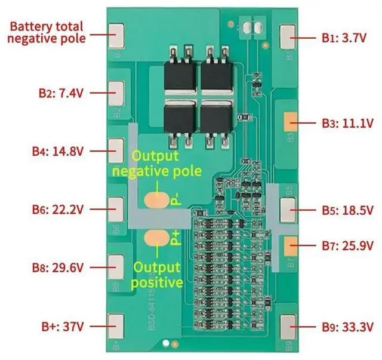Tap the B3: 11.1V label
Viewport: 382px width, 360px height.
(x=347, y=124)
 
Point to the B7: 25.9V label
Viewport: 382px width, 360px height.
(x=347, y=245)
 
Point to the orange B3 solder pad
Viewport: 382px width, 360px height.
(x=291, y=123)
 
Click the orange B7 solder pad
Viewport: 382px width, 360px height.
(x=291, y=245)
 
